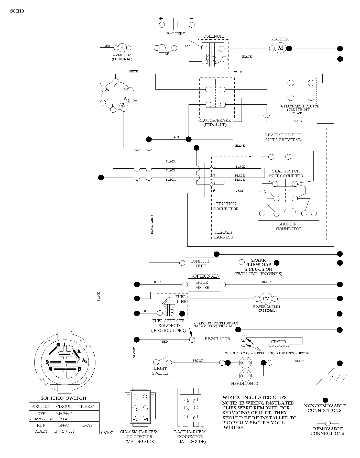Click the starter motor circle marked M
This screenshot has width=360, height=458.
point(280,48)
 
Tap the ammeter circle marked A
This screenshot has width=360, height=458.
point(122,48)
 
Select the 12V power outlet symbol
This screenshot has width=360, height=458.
point(266,299)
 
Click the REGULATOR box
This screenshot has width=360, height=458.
point(218,339)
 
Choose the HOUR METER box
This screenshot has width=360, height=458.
point(204,285)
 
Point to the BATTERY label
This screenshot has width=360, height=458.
point(176,34)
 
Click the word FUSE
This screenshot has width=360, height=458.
point(164,54)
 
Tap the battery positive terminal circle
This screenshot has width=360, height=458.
point(162,25)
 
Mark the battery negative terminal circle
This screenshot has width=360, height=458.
point(192,25)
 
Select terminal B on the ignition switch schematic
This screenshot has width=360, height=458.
point(104,89)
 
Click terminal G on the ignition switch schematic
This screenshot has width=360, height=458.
point(103,102)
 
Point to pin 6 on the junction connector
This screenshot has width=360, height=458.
point(211,193)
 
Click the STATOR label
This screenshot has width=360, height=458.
point(279,342)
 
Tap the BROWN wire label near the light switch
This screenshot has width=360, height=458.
point(198,361)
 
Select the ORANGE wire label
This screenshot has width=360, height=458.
point(134,352)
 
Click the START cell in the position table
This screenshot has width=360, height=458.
point(41,431)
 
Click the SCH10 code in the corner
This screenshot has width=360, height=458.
point(17,11)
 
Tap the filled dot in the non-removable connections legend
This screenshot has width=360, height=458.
point(325,400)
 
